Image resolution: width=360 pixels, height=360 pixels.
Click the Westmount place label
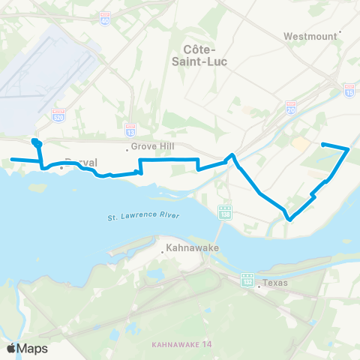[x=308, y=36]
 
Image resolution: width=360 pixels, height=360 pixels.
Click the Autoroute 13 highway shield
[x=130, y=129]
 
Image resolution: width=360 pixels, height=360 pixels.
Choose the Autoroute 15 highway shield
[x=349, y=90]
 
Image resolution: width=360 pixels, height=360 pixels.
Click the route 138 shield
[x=224, y=214]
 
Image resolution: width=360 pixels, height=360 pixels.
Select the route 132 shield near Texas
[x=247, y=280]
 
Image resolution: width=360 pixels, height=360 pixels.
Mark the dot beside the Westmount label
[x=340, y=31]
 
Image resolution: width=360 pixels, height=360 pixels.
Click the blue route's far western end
[x=11, y=159]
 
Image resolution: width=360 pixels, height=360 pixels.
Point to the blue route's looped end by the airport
[x=35, y=142]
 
